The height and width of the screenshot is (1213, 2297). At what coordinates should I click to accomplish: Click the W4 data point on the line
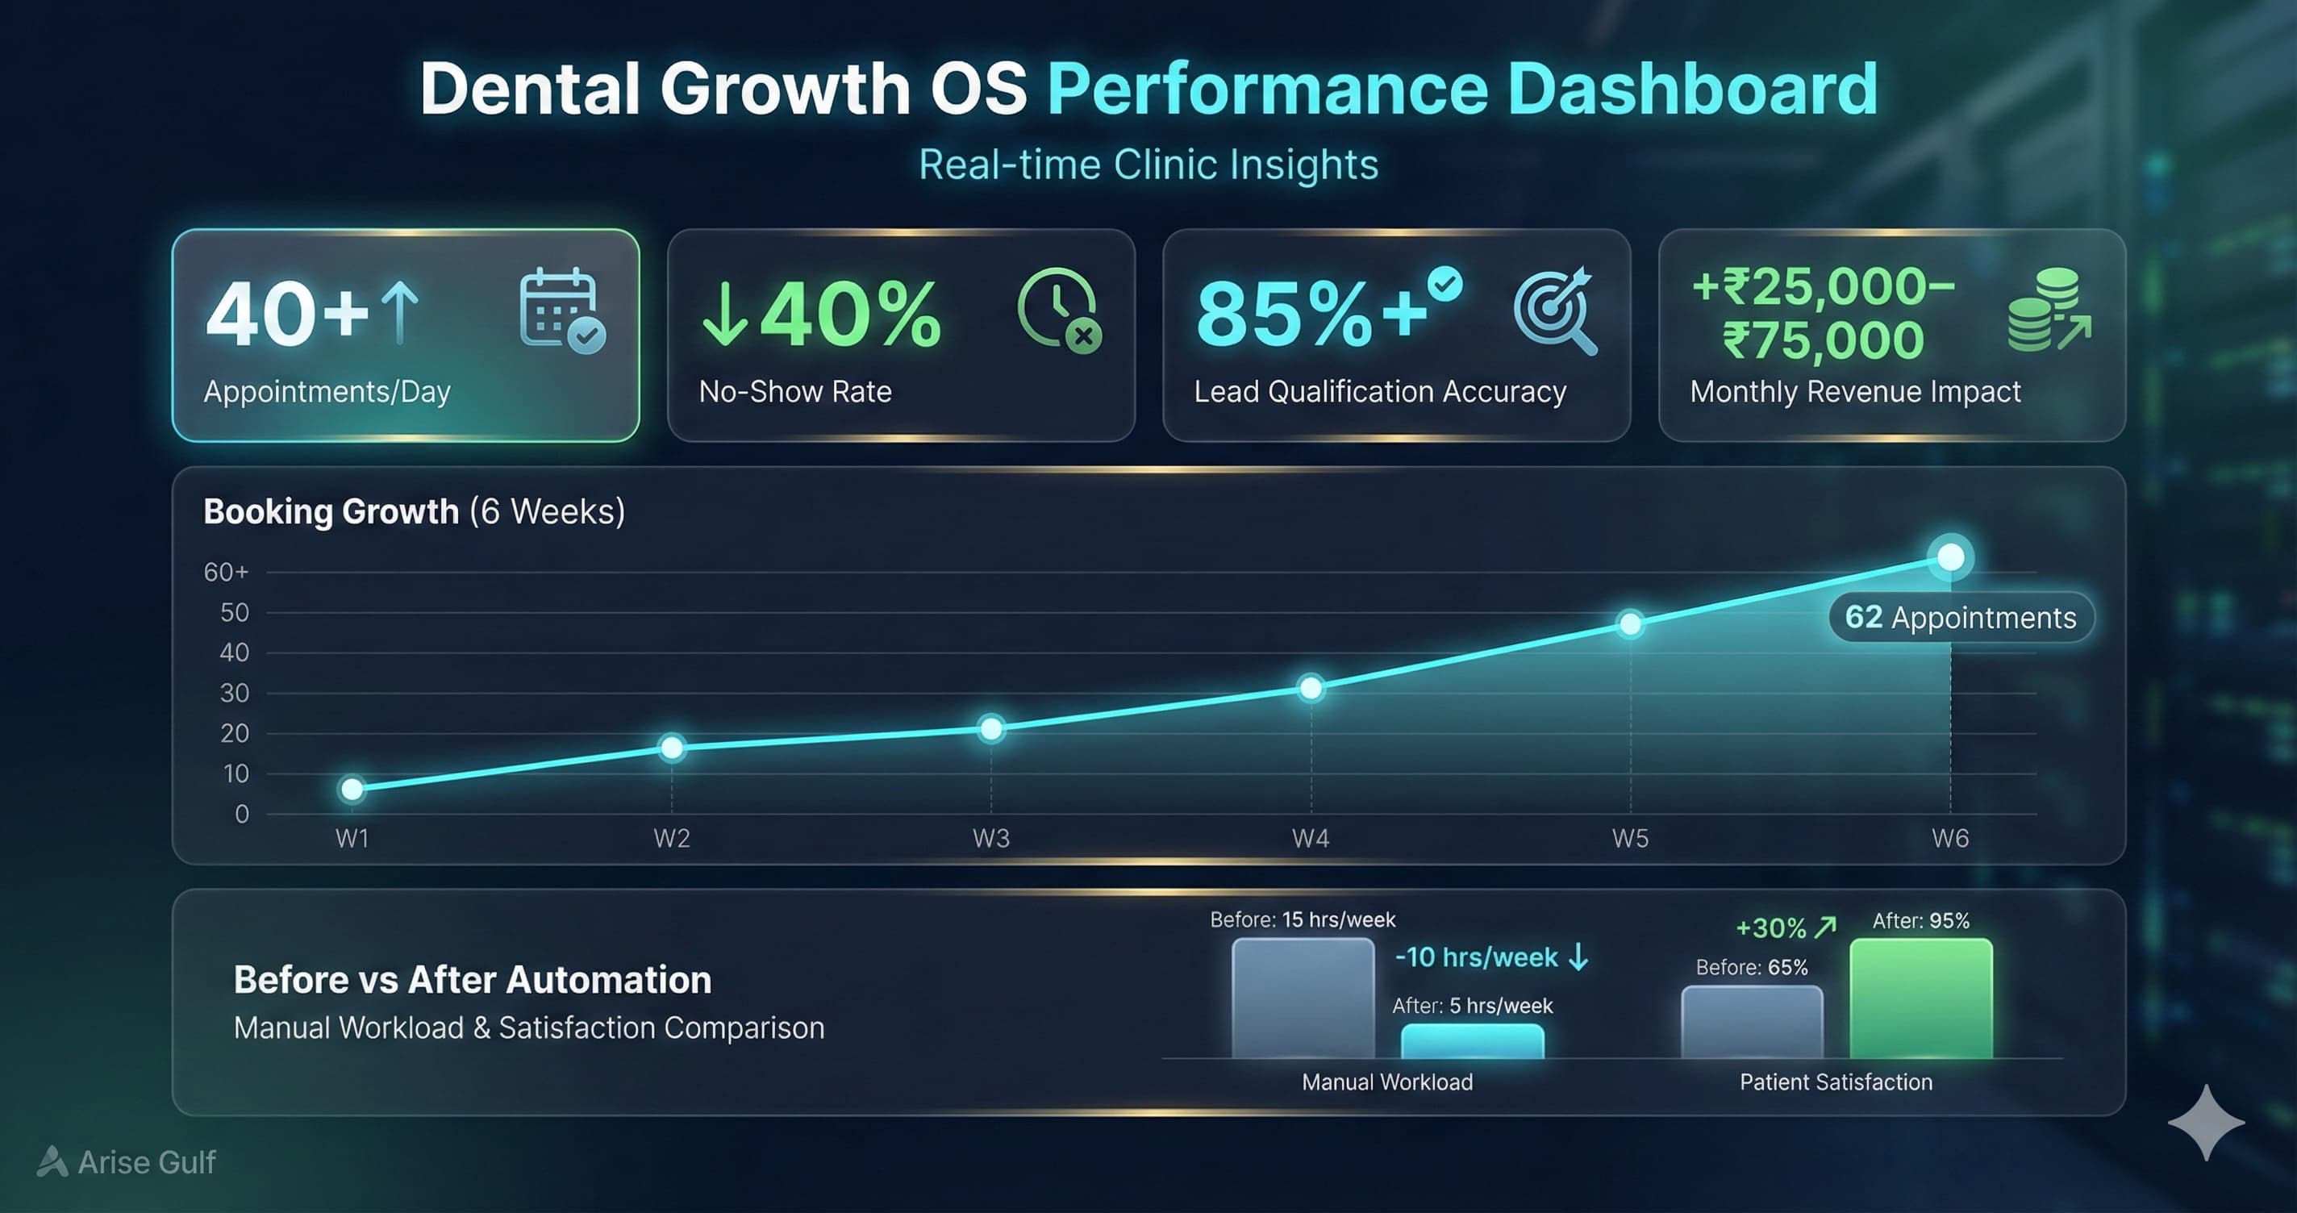(x=1311, y=689)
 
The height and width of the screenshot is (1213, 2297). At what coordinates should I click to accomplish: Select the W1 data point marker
(x=352, y=790)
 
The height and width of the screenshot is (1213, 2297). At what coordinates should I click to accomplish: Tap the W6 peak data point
(x=1950, y=557)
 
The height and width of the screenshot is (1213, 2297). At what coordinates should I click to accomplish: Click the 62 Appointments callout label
(x=1960, y=617)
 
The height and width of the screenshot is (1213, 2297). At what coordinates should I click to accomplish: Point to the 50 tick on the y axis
(x=235, y=613)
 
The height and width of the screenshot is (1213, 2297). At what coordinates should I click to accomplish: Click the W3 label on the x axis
(x=990, y=839)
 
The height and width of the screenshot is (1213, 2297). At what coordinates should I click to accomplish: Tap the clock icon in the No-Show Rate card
(x=1058, y=310)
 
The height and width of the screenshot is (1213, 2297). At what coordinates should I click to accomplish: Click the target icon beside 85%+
(x=1555, y=311)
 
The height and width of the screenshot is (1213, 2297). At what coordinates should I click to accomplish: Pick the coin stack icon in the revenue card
(x=2047, y=311)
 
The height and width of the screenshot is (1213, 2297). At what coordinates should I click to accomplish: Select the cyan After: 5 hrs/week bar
(x=1472, y=1041)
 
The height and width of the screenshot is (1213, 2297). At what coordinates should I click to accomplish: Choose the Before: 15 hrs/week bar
(x=1303, y=999)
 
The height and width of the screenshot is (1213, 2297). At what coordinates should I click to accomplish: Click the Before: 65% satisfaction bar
(x=1751, y=1022)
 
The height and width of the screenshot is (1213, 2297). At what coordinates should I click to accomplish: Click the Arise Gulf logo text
(x=145, y=1162)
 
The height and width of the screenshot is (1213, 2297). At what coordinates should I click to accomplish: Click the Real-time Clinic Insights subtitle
(x=1148, y=165)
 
